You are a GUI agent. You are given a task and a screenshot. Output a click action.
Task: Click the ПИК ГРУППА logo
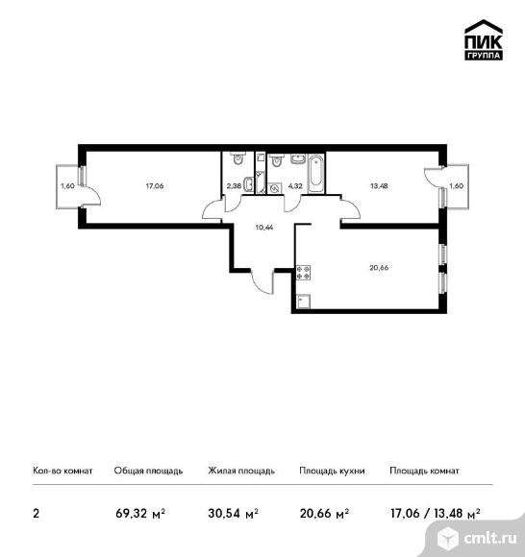[x=484, y=39]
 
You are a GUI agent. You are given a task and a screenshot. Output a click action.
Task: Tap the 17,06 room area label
[x=155, y=185]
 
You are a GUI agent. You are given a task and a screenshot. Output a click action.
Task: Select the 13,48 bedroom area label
[x=379, y=185]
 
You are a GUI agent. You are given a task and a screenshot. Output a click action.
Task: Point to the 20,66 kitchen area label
[x=379, y=268]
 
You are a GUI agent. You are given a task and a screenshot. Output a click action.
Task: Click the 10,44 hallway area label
[x=264, y=228]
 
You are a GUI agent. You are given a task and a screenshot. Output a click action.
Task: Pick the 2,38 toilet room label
[x=234, y=185]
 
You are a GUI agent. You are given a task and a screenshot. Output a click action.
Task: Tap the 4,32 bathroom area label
[x=295, y=185]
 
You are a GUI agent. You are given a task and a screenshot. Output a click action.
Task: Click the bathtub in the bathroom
[x=315, y=174]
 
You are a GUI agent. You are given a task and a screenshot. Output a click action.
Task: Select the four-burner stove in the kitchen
[x=304, y=273]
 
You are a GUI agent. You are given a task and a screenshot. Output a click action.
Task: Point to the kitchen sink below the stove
[x=304, y=302]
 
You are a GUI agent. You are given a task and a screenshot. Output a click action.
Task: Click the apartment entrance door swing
[x=262, y=282]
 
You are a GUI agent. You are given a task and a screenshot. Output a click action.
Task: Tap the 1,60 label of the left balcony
[x=67, y=185]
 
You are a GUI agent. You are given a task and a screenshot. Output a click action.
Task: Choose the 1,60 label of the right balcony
[x=457, y=185]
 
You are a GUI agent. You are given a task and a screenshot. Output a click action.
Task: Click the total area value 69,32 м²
[x=140, y=514]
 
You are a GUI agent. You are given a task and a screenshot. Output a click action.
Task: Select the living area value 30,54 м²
[x=234, y=514]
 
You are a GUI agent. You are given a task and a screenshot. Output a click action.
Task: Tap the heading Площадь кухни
[x=332, y=471]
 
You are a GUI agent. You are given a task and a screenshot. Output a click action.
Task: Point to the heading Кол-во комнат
[x=62, y=471]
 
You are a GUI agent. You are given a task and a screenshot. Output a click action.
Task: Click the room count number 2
[x=36, y=514]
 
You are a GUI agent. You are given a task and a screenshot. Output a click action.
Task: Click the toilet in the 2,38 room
[x=237, y=158]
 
